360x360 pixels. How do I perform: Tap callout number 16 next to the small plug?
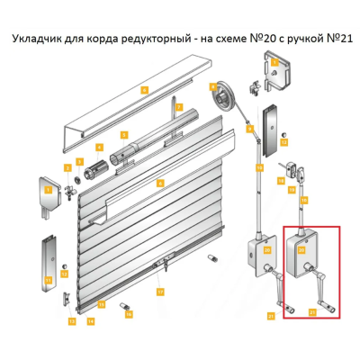click(x=128, y=315)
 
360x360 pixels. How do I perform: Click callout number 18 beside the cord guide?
click(x=258, y=167)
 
